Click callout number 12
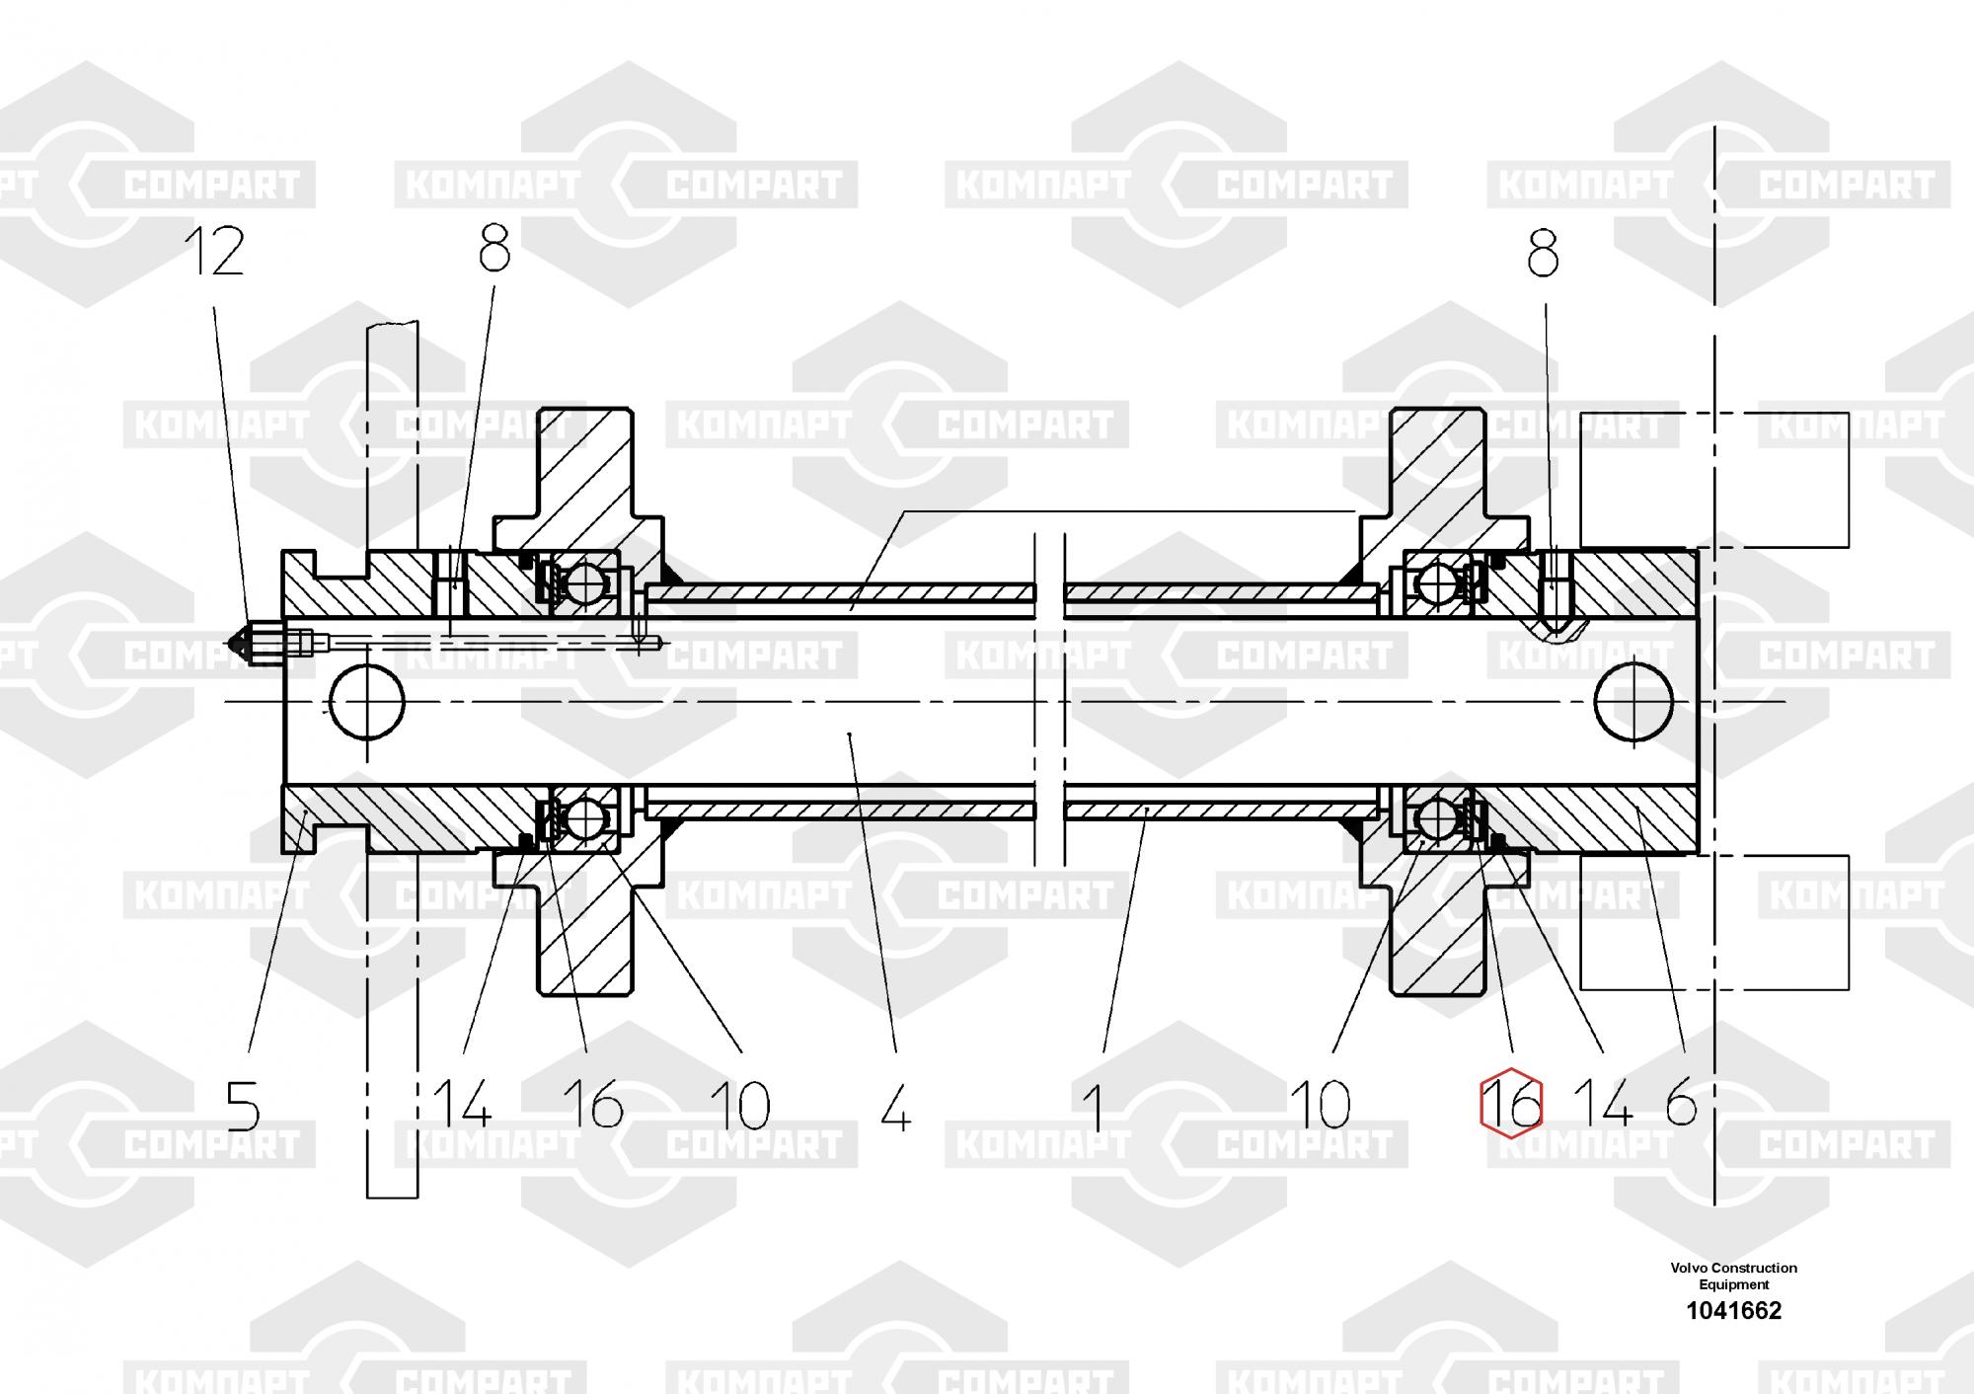point(215,252)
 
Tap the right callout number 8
point(1543,255)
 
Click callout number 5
point(243,1106)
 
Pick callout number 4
point(895,1106)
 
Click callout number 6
point(1681,1102)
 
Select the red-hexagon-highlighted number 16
point(1511,1104)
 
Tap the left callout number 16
point(593,1105)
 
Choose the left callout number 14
point(462,1105)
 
